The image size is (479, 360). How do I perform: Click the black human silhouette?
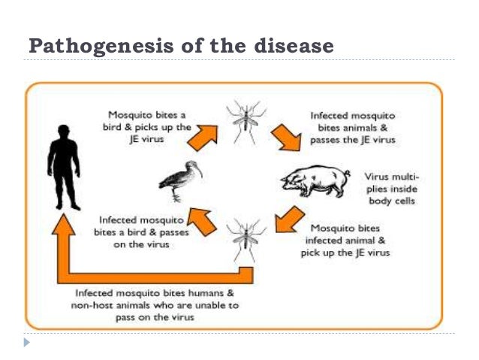pyautogui.click(x=64, y=169)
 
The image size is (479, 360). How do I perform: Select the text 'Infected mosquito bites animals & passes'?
pyautogui.click(x=352, y=127)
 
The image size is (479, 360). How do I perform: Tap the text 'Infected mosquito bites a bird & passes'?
pyautogui.click(x=136, y=233)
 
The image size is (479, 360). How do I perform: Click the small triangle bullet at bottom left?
pyautogui.click(x=28, y=343)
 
